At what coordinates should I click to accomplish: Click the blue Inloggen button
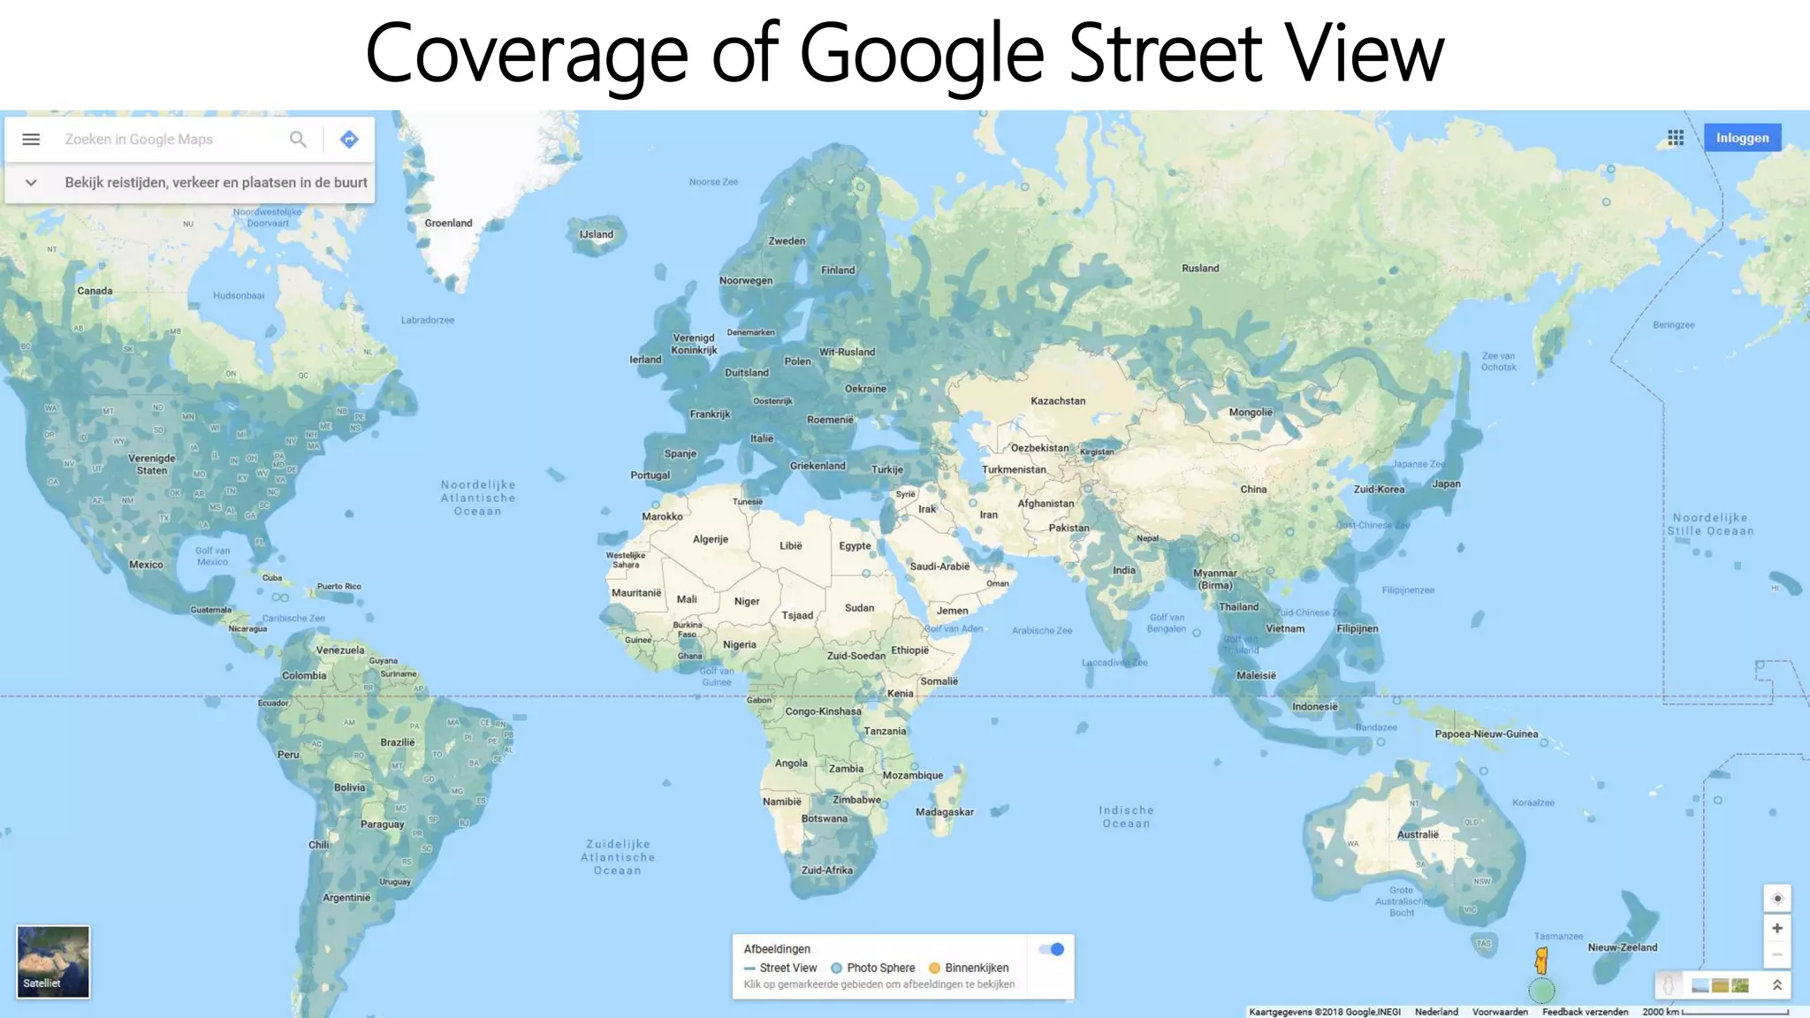(x=1742, y=138)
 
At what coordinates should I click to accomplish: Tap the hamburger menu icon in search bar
(x=31, y=140)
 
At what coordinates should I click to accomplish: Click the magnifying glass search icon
(x=298, y=140)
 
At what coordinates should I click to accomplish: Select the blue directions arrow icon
(x=349, y=140)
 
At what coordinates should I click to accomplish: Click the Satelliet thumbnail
(x=53, y=961)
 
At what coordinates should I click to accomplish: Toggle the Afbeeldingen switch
(x=1052, y=949)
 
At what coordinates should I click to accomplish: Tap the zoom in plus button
(x=1776, y=928)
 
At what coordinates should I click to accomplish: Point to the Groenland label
(x=448, y=224)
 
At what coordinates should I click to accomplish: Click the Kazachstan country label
(x=1058, y=401)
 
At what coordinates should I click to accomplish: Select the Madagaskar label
(x=944, y=812)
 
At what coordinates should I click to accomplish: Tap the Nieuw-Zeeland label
(x=1623, y=947)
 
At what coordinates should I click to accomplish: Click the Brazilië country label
(x=397, y=742)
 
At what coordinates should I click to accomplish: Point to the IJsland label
(x=596, y=235)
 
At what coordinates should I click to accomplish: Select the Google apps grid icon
(x=1676, y=138)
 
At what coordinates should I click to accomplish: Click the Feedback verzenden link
(x=1585, y=1012)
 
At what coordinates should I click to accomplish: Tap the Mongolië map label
(x=1251, y=413)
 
